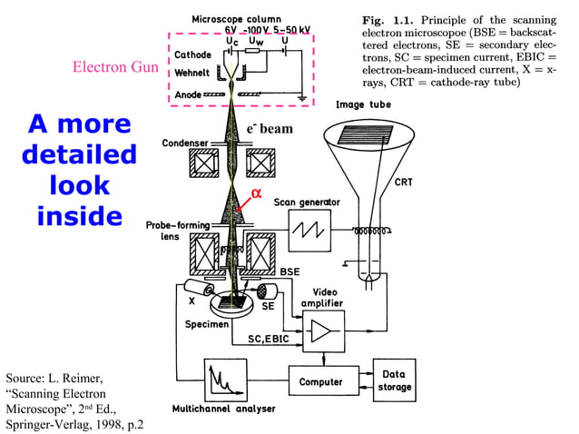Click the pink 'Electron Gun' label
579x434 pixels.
tap(115, 67)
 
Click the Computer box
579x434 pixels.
tap(321, 381)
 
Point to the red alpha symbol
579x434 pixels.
tap(256, 192)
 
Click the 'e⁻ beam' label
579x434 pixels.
tap(270, 129)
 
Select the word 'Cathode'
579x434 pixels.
tap(192, 55)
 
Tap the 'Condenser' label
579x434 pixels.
tap(186, 143)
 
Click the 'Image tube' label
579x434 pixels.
tap(363, 104)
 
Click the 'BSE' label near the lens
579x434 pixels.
tap(289, 271)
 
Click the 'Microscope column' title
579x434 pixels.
tap(236, 19)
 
